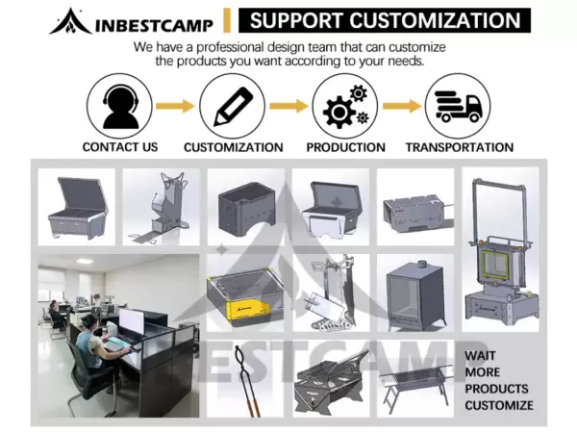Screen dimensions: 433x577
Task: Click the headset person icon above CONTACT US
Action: coord(120,106)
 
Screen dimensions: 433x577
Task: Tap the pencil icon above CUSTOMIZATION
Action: coord(233,106)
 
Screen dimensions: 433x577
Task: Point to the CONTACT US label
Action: coord(120,147)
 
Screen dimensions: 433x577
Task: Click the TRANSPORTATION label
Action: coord(459,147)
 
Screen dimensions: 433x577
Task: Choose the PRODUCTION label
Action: coord(345,147)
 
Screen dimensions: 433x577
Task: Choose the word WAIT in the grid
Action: coord(482,355)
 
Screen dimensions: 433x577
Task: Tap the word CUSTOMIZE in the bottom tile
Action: coord(498,404)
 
